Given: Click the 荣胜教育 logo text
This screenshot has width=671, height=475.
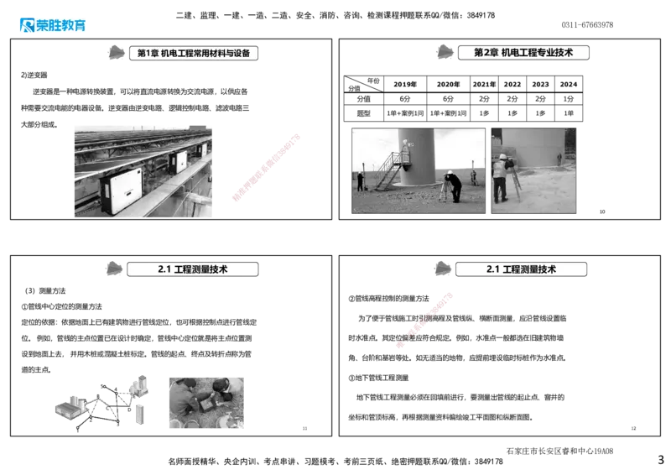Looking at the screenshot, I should pyautogui.click(x=62, y=25).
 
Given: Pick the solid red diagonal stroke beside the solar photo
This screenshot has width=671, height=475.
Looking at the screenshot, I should pyautogui.click(x=265, y=168).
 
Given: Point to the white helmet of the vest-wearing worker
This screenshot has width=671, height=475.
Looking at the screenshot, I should pyautogui.click(x=502, y=156).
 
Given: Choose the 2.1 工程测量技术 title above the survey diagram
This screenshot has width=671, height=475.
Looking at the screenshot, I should pyautogui.click(x=193, y=269).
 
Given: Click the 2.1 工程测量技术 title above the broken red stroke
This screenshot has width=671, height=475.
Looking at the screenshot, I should pyautogui.click(x=521, y=269).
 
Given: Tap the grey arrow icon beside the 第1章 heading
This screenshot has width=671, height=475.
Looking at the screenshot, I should pyautogui.click(x=117, y=53).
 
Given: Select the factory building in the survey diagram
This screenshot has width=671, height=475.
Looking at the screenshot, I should pyautogui.click(x=69, y=408).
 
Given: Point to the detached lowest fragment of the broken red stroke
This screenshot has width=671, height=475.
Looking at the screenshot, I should pyautogui.click(x=400, y=344).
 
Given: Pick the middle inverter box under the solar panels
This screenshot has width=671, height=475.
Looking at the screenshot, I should pyautogui.click(x=178, y=162).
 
